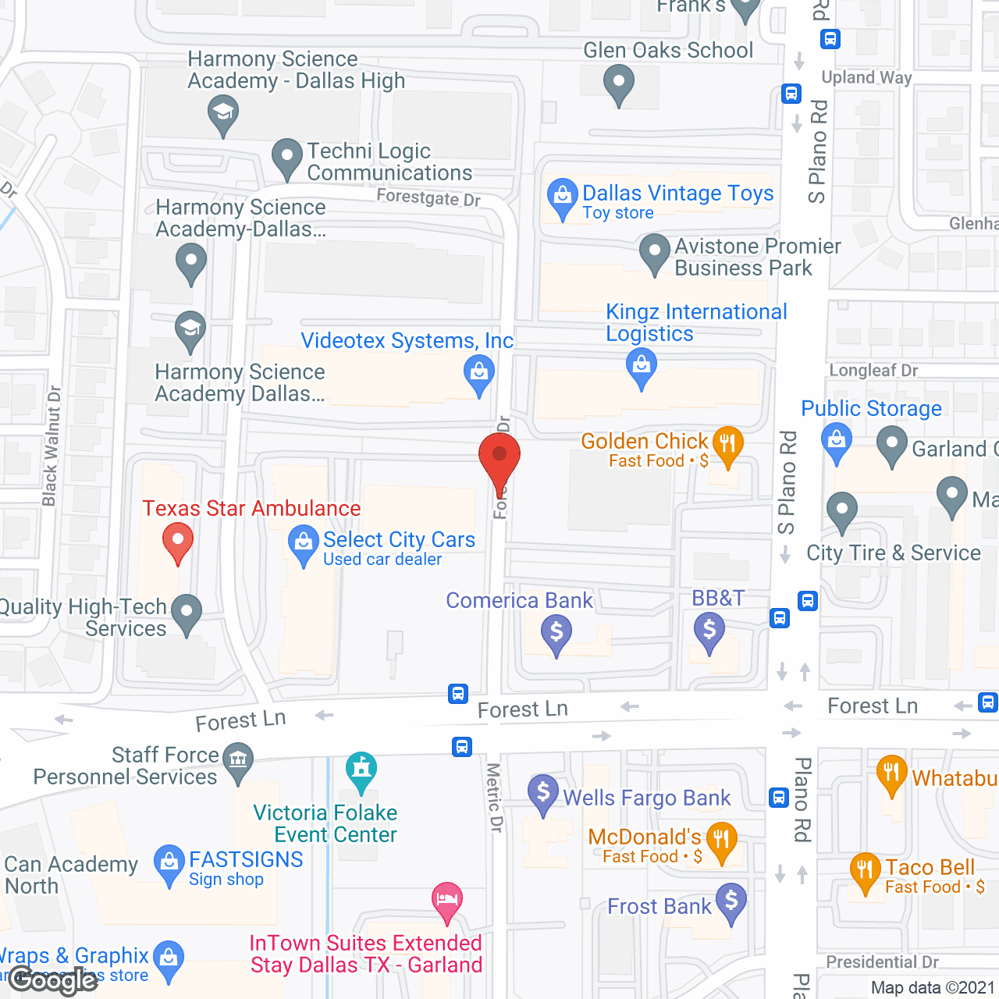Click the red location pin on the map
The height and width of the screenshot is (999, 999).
point(499,460)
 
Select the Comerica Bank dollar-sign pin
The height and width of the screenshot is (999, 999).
point(556,633)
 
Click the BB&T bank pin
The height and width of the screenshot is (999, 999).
point(709,631)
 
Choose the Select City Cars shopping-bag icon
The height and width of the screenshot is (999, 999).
point(303,544)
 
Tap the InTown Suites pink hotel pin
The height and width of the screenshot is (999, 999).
point(447,901)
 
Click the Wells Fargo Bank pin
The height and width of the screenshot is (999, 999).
point(543,794)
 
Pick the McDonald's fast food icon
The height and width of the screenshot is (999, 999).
point(721,841)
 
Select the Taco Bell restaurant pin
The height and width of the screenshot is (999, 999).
point(865,871)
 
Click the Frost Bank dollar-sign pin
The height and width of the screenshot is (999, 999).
point(731,902)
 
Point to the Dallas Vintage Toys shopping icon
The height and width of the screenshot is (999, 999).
point(562,197)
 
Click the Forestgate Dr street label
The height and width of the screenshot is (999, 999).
point(428,197)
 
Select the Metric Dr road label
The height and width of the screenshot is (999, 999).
point(495,797)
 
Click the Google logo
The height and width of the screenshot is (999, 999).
point(53,980)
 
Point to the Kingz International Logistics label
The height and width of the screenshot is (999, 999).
point(696,322)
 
